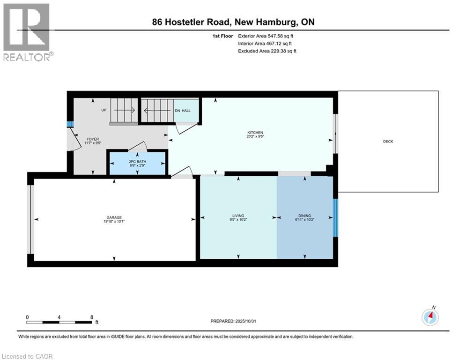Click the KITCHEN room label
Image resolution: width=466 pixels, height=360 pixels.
pos(255,133)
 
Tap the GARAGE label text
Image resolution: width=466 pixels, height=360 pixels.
pos(114,217)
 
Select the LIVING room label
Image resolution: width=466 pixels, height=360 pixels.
pos(239,216)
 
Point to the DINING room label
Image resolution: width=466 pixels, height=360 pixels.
pos(305,216)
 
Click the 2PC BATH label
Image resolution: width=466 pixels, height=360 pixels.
pos(137,162)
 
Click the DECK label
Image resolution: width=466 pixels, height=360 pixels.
pos(388,142)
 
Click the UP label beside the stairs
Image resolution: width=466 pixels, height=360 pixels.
pos(104,111)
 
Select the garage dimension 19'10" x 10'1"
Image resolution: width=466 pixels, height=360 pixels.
pos(114,222)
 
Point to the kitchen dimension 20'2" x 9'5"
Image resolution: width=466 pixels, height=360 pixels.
pos(255,137)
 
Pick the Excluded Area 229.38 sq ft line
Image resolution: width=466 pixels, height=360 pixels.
pos(267,51)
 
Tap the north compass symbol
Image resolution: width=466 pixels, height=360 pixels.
pos(429,317)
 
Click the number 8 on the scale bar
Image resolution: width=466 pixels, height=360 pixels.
pos(92,317)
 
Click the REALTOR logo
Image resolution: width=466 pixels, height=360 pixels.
pos(27,32)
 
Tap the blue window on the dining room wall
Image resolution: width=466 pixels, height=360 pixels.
pos(335,217)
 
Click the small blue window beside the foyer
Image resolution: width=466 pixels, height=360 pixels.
pos(70,124)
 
